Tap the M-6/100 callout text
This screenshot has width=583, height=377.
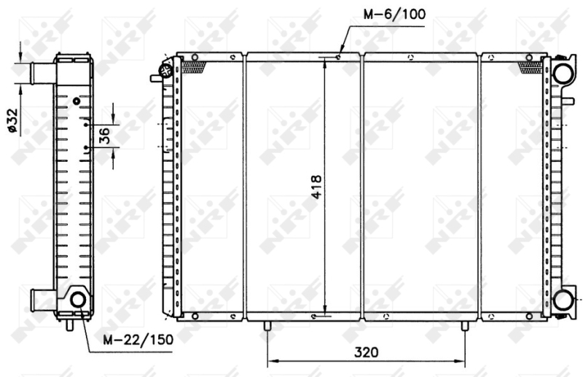coord(392,13)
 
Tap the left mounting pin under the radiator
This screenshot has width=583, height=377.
coord(269,325)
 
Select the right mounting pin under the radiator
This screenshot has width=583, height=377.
coord(464,325)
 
